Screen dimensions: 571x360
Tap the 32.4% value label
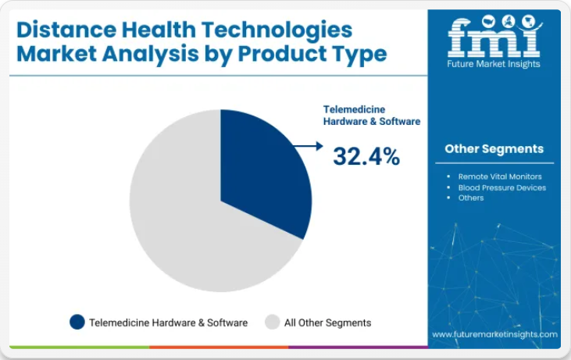(x=366, y=156)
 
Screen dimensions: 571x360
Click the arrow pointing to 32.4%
(x=308, y=146)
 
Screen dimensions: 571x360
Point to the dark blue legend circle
(x=77, y=323)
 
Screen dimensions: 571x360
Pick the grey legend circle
(x=272, y=323)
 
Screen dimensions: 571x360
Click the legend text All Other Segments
(x=328, y=323)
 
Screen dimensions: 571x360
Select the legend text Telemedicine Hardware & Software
(x=168, y=323)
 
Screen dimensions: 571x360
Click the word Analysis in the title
(x=151, y=55)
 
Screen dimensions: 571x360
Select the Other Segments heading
(x=494, y=149)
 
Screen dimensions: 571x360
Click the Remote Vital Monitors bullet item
(x=500, y=176)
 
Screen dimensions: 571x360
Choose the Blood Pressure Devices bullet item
(x=502, y=187)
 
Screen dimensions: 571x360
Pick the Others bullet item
(x=471, y=198)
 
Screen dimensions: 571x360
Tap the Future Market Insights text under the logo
(x=494, y=64)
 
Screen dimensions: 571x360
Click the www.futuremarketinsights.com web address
(x=494, y=334)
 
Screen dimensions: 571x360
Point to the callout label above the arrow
(x=372, y=116)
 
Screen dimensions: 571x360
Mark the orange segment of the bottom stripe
(x=219, y=348)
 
